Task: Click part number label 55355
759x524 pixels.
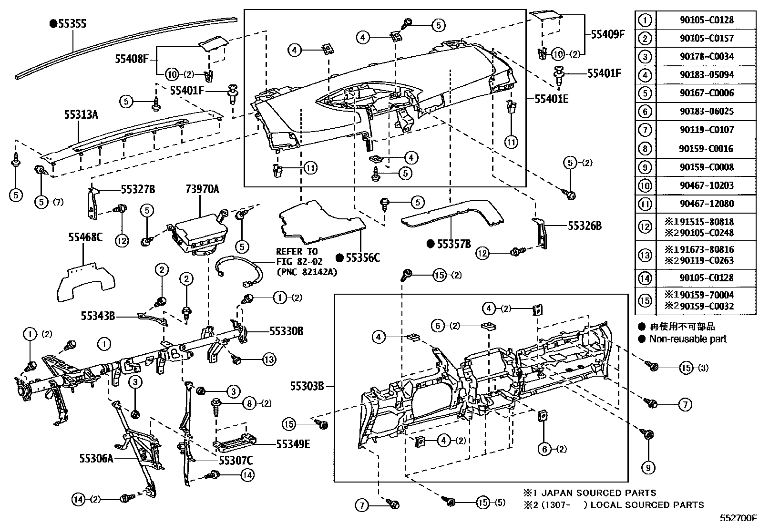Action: click(x=72, y=23)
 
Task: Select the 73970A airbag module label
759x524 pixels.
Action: click(x=202, y=190)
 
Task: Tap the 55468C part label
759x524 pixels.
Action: click(x=85, y=237)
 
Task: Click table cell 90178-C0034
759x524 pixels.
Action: click(x=706, y=56)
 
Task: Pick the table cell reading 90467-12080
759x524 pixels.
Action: click(x=706, y=204)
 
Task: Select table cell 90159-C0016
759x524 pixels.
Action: click(x=706, y=148)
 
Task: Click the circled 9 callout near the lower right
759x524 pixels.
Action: click(x=648, y=468)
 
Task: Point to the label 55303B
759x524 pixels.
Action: click(x=307, y=386)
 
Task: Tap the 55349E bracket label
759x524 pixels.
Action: click(x=293, y=444)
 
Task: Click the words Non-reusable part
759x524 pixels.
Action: click(x=688, y=339)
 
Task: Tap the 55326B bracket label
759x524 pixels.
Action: click(x=584, y=226)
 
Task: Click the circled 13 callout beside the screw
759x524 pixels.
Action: click(x=269, y=359)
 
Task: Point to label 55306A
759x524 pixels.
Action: click(x=97, y=459)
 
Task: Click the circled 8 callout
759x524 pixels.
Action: click(x=249, y=403)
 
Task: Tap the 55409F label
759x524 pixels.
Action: click(x=607, y=34)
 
